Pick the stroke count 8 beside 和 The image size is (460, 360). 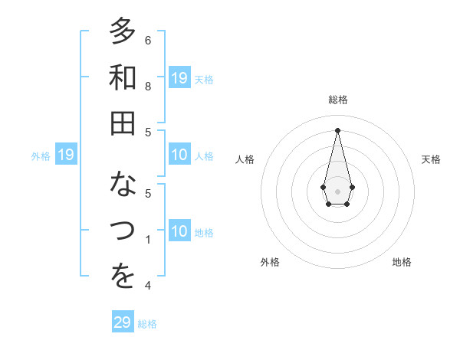pyautogui.click(x=148, y=87)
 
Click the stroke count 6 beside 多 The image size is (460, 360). pyautogui.click(x=148, y=40)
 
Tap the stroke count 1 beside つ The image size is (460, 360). pyautogui.click(x=148, y=240)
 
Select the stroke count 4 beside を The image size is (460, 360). pyautogui.click(x=148, y=286)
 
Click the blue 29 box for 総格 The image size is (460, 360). pyautogui.click(x=122, y=322)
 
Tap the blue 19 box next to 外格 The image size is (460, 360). pyautogui.click(x=65, y=155)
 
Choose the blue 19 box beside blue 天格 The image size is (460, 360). pyautogui.click(x=179, y=78)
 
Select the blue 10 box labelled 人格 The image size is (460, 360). pyautogui.click(x=179, y=155)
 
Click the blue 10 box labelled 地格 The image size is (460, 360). pyautogui.click(x=179, y=232)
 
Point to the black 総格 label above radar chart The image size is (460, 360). pyautogui.click(x=337, y=100)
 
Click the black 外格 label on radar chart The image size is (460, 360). pyautogui.click(x=270, y=262)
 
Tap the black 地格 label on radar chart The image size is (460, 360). pyautogui.click(x=402, y=262)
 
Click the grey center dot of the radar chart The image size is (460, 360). pyautogui.click(x=337, y=191)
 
